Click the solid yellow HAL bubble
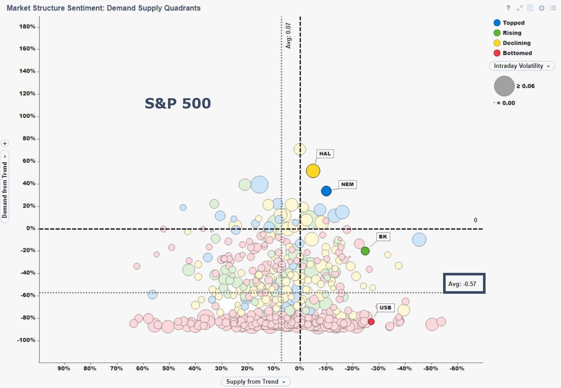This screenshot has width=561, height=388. [313, 171]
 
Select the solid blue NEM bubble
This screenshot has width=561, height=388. [326, 191]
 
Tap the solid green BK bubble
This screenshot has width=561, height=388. [365, 251]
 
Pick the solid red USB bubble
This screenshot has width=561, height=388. [371, 322]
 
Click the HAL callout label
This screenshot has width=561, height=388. [325, 154]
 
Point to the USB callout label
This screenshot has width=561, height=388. [385, 308]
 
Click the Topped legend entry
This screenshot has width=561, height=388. [509, 23]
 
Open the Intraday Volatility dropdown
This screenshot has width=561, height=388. [522, 66]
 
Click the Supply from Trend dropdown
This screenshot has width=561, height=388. [255, 382]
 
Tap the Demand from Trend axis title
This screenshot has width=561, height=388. [5, 190]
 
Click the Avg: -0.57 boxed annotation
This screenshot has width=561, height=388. [464, 283]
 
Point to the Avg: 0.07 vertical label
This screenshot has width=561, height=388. [288, 36]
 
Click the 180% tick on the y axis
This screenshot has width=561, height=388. [27, 27]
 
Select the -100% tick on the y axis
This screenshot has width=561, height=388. [26, 340]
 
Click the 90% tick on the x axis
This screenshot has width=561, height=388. [64, 369]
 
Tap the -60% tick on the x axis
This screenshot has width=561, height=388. [457, 369]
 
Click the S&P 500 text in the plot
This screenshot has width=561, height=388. [178, 103]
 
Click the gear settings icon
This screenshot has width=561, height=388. [542, 8]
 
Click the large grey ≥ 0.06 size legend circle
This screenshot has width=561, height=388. [504, 86]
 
